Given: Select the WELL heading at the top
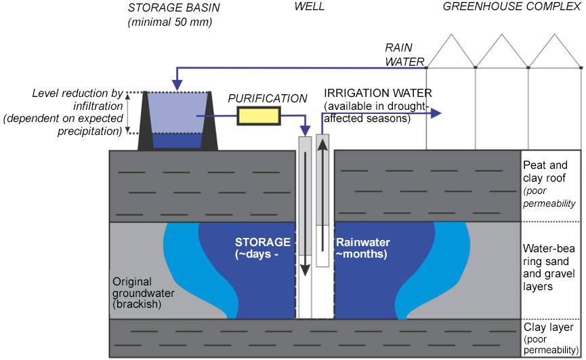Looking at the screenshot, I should [x=309, y=7].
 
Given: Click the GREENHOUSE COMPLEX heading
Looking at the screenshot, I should [x=512, y=7].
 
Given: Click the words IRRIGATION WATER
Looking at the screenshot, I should [x=377, y=93].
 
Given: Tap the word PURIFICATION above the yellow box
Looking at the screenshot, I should [x=267, y=98].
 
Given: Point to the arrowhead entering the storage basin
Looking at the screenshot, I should [x=176, y=87].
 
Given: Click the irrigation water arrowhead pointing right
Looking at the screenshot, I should [x=437, y=113].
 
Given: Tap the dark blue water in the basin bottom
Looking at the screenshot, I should [x=175, y=140].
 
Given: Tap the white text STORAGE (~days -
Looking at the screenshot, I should [x=262, y=248].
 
